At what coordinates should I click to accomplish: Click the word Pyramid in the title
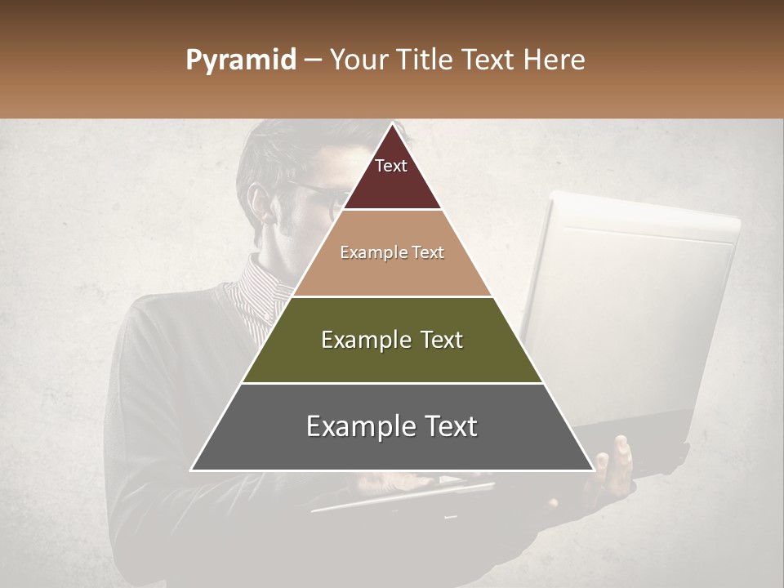[x=240, y=60]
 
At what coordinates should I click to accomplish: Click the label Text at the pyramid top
[x=390, y=166]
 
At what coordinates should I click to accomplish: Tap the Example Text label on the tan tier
[x=392, y=252]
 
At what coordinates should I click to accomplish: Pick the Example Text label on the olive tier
[x=392, y=340]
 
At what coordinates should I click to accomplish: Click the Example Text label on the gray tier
[x=392, y=426]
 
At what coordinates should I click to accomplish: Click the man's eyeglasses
[x=323, y=196]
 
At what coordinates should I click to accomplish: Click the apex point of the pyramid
[x=393, y=125]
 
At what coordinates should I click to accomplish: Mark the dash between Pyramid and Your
[x=313, y=60]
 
